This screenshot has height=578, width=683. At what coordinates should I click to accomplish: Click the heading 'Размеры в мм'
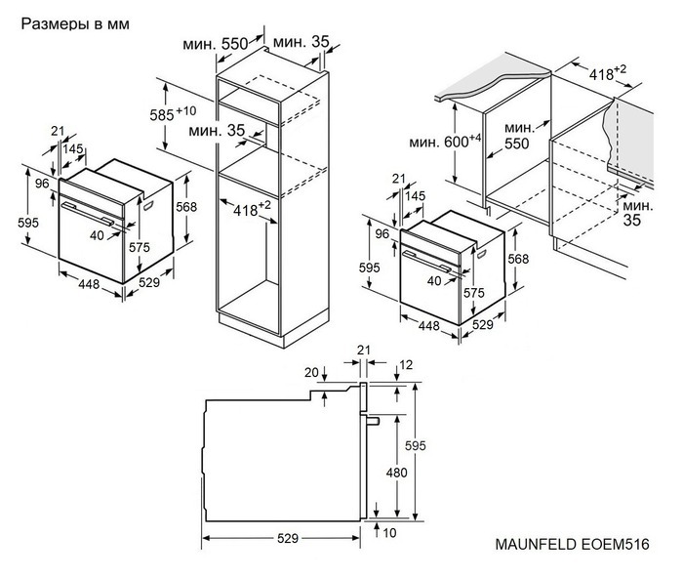(x=74, y=22)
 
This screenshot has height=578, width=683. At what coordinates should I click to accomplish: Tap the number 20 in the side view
(x=311, y=372)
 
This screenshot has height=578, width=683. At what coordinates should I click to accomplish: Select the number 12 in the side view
(x=406, y=364)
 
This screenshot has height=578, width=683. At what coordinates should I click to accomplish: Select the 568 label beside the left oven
(x=187, y=207)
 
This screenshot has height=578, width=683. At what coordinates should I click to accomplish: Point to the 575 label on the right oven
(x=474, y=293)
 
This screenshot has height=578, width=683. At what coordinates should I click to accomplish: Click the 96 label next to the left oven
(x=42, y=183)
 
